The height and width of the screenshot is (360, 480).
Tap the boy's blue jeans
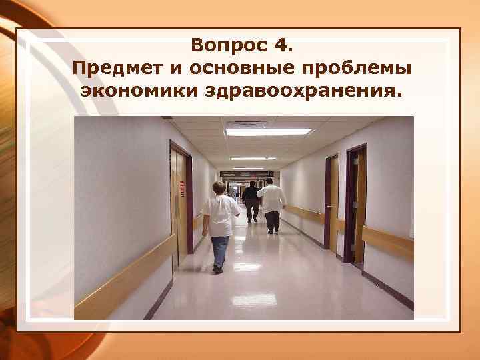click(219, 249)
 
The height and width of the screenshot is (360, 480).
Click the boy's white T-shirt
click(221, 215)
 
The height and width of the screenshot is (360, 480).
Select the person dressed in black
click(251, 198)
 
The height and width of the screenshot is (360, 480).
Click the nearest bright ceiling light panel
click(269, 132)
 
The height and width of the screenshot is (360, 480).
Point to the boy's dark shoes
click(217, 269)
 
